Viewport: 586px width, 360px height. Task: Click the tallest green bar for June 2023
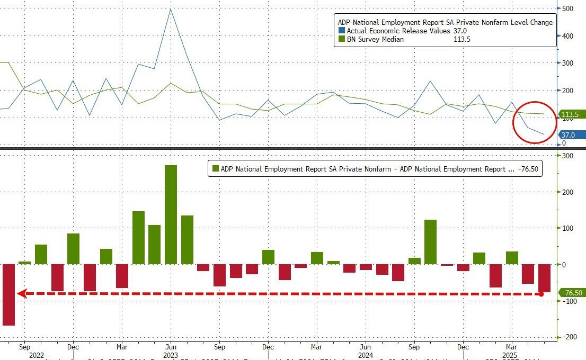pyautogui.click(x=171, y=214)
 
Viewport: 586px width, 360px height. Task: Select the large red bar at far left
pyautogui.click(x=8, y=294)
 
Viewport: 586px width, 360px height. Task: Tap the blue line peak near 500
pyautogui.click(x=170, y=9)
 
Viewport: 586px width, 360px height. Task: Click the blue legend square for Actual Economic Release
pyautogui.click(x=342, y=31)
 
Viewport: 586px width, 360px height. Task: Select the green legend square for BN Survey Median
pyautogui.click(x=342, y=39)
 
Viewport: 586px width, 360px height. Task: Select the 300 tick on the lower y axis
pyautogui.click(x=567, y=156)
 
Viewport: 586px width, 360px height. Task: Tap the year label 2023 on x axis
pyautogui.click(x=171, y=356)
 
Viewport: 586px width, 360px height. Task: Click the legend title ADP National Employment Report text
pyautogui.click(x=445, y=22)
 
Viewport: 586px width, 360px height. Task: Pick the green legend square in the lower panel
pyautogui.click(x=215, y=169)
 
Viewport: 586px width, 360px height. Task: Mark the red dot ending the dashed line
pyautogui.click(x=541, y=293)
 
